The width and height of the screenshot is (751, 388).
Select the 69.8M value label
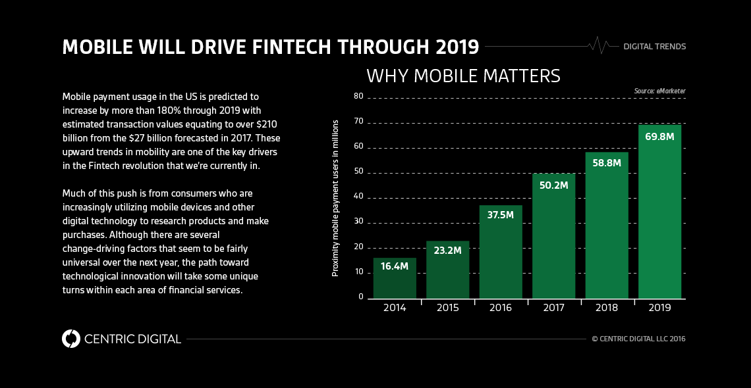(659, 137)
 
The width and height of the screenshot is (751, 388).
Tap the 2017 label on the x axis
(553, 308)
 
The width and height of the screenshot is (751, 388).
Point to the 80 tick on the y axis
(358, 97)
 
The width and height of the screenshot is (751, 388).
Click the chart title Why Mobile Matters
(463, 76)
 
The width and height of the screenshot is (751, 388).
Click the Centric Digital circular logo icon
(70, 339)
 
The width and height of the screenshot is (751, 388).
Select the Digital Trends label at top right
(654, 47)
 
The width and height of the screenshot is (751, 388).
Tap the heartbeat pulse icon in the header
(598, 46)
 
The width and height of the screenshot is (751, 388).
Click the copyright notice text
(638, 339)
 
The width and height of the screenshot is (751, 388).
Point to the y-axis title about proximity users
(335, 197)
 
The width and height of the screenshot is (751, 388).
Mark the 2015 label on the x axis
(447, 308)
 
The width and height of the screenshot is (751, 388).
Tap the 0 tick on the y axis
(361, 297)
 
